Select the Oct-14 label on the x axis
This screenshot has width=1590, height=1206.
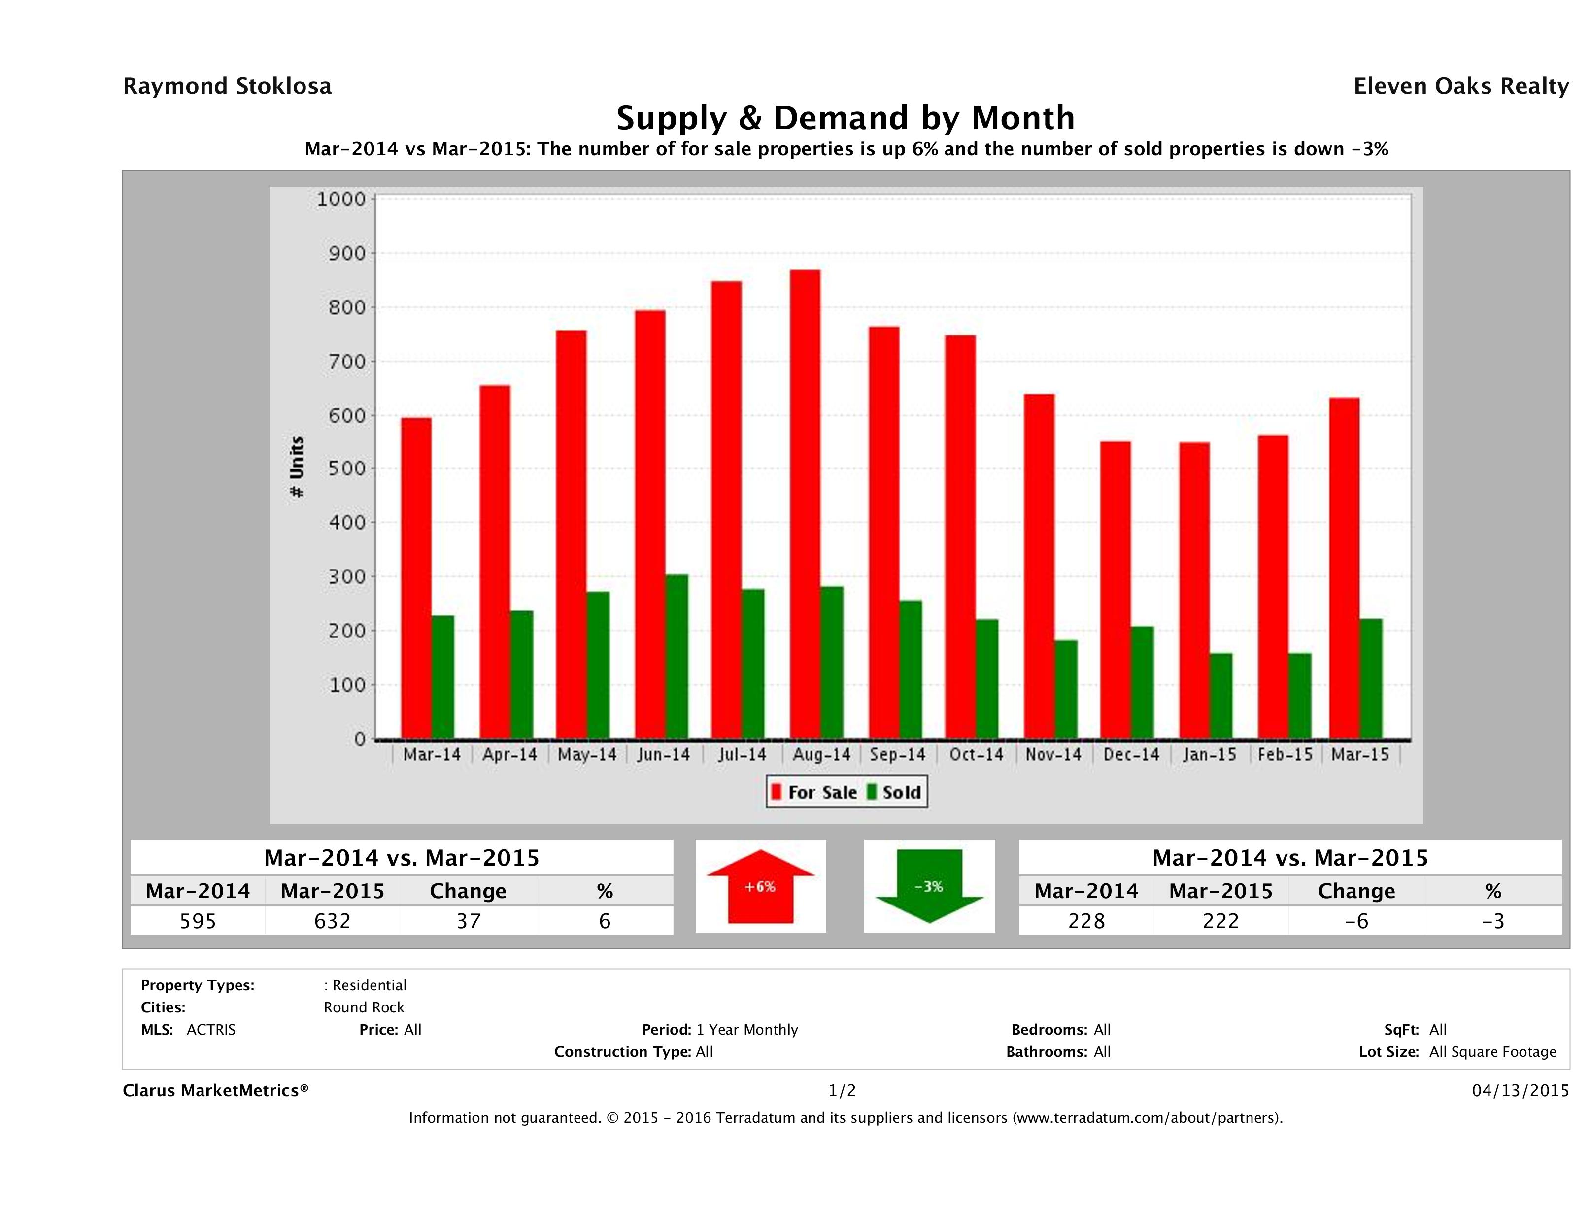976,755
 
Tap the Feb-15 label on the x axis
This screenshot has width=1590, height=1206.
1285,755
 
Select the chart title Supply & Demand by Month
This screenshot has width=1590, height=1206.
846,118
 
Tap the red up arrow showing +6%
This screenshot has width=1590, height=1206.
760,886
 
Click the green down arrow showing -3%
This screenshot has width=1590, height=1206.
929,886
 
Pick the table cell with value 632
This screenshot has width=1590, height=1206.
332,921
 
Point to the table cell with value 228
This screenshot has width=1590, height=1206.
1086,921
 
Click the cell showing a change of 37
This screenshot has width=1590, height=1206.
469,921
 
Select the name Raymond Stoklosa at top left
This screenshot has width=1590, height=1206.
227,86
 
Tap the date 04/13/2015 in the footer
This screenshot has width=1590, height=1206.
1520,1090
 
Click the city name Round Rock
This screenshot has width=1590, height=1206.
364,1007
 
